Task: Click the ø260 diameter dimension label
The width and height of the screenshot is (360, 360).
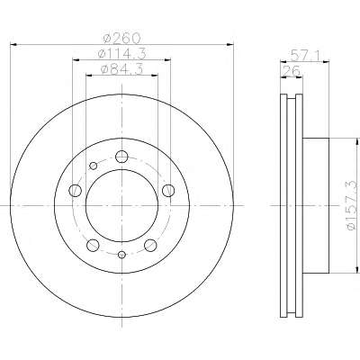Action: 121,39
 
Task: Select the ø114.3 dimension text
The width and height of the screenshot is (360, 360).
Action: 122,54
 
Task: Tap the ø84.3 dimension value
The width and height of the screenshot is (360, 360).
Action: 122,69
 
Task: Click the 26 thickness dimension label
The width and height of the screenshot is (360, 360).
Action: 292,71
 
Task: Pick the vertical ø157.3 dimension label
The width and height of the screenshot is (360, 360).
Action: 353,205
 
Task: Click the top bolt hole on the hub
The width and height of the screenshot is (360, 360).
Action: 121,157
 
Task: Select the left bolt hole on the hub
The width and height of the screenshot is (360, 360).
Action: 75,190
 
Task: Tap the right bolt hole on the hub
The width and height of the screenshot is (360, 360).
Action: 168,190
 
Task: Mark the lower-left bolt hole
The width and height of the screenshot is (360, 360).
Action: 93,245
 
